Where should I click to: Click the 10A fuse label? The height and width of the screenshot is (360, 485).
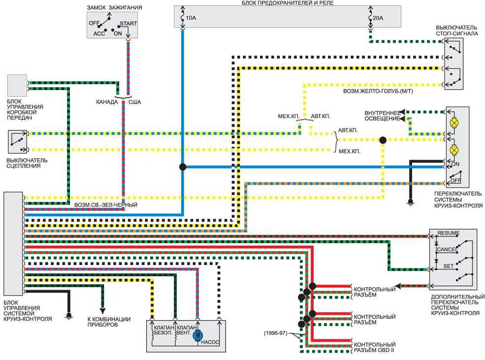(x=191, y=18)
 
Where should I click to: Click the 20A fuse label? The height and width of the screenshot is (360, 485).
(x=378, y=18)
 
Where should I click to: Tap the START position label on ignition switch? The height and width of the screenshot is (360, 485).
(x=129, y=24)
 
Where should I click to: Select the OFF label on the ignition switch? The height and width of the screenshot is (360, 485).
(x=94, y=23)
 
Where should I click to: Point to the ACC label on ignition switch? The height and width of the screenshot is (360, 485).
(x=99, y=33)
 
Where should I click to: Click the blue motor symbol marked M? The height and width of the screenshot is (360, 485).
(x=197, y=335)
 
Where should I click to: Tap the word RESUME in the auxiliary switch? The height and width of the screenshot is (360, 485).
(x=449, y=233)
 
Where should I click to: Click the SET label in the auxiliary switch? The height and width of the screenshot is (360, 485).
(x=449, y=265)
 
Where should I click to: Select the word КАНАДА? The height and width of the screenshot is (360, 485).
(x=107, y=102)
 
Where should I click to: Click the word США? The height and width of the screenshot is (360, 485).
(x=134, y=102)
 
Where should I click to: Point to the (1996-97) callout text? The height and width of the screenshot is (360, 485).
(x=275, y=333)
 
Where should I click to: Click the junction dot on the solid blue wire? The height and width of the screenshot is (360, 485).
(x=183, y=166)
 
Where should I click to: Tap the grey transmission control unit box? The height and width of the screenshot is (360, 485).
(x=17, y=85)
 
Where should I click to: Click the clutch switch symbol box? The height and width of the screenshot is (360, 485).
(x=17, y=142)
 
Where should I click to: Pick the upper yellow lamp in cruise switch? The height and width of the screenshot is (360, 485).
(x=454, y=123)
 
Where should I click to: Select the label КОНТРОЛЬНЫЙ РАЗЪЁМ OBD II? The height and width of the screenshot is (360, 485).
(x=375, y=347)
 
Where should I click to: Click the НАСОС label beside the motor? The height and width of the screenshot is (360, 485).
(x=210, y=342)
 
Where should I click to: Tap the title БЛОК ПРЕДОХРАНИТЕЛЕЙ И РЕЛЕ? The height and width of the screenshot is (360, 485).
(x=288, y=3)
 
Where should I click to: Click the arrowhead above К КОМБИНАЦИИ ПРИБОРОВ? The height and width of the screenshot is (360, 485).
(x=102, y=311)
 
